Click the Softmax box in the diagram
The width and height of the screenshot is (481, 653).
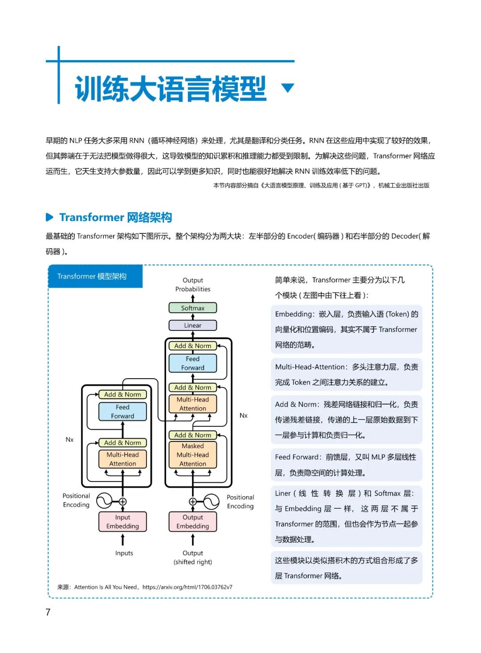pyautogui.click(x=192, y=308)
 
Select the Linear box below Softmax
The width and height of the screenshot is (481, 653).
pyautogui.click(x=192, y=325)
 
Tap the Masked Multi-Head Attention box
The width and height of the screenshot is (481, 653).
pyautogui.click(x=192, y=455)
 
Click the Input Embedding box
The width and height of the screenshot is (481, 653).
pyautogui.click(x=122, y=522)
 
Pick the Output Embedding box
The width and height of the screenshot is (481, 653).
pyautogui.click(x=192, y=522)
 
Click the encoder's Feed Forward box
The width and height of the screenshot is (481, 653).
pyautogui.click(x=122, y=412)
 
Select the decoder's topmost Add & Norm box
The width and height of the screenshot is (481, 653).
pyautogui.click(x=192, y=346)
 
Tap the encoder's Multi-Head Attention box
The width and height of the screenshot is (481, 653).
pyautogui.click(x=122, y=459)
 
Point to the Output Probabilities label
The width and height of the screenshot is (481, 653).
pyautogui.click(x=193, y=285)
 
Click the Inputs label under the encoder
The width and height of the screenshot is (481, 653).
pyautogui.click(x=124, y=553)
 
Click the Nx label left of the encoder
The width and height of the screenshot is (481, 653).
pyautogui.click(x=69, y=440)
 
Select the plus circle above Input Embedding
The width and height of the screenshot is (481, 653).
pyautogui.click(x=122, y=502)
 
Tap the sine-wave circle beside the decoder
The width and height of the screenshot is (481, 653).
pyautogui.click(x=211, y=502)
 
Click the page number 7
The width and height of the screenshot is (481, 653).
pyautogui.click(x=48, y=612)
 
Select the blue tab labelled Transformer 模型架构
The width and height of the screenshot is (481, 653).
pyautogui.click(x=95, y=276)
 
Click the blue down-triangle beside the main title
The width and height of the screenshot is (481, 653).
pyautogui.click(x=288, y=87)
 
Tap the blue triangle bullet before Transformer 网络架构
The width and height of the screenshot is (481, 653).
pyautogui.click(x=49, y=217)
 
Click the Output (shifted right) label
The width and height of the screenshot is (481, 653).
pyautogui.click(x=193, y=558)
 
